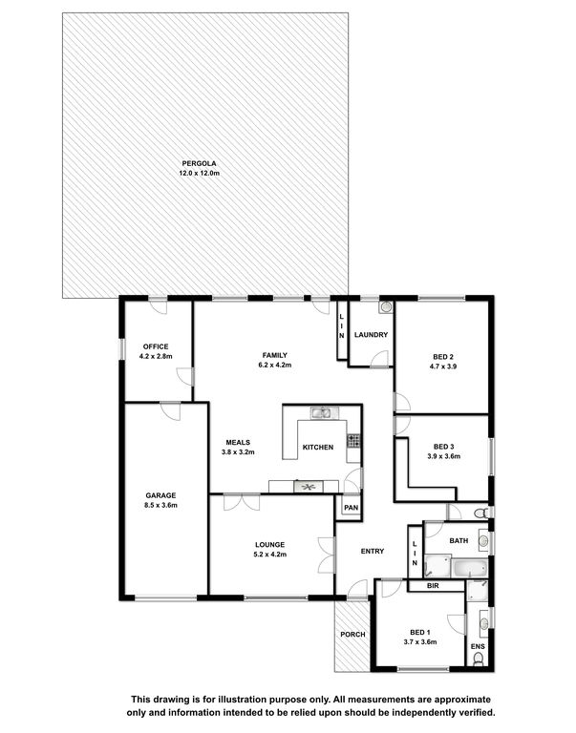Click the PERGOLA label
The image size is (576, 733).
click(199, 163)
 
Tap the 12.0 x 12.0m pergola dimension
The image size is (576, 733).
click(199, 173)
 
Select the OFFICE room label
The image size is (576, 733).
click(156, 346)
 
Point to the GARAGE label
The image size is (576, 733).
click(160, 495)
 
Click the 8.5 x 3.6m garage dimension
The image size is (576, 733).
click(160, 505)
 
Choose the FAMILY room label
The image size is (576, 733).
click(275, 355)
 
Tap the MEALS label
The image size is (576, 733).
click(238, 442)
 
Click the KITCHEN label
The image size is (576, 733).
click(318, 448)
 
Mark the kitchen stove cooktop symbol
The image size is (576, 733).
click(353, 441)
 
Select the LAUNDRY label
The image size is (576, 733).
click(371, 335)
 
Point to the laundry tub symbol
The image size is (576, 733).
click(386, 307)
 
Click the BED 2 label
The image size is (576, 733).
click(442, 357)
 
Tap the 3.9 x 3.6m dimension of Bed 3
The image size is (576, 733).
click(443, 456)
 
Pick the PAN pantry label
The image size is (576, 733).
click(351, 508)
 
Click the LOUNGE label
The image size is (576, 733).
click(269, 545)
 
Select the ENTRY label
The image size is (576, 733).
click(373, 551)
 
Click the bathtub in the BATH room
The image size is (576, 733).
click(470, 569)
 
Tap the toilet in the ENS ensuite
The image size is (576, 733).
click(478, 659)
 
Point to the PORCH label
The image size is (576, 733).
click(352, 635)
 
